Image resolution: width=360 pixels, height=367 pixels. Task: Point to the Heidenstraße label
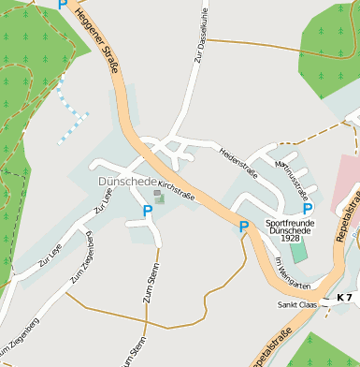coord(238,160)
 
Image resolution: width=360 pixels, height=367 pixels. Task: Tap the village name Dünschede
coord(125,180)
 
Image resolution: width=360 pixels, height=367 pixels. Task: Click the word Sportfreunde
coord(291,224)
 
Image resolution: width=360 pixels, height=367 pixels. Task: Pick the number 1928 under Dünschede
coord(290,239)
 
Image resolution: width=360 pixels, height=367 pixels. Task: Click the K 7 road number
coord(344,298)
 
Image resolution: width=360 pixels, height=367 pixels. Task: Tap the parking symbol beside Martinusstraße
coord(308,209)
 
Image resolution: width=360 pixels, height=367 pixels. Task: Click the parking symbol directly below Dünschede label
coord(147,212)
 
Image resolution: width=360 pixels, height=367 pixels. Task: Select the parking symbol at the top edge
coord(63,5)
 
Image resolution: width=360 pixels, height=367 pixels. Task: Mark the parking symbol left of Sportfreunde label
coord(244,227)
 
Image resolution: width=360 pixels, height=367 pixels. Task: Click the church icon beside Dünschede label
coord(159,197)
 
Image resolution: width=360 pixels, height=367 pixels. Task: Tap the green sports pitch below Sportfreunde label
coord(297,252)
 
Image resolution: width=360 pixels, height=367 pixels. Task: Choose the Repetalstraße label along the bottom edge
coord(272,347)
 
